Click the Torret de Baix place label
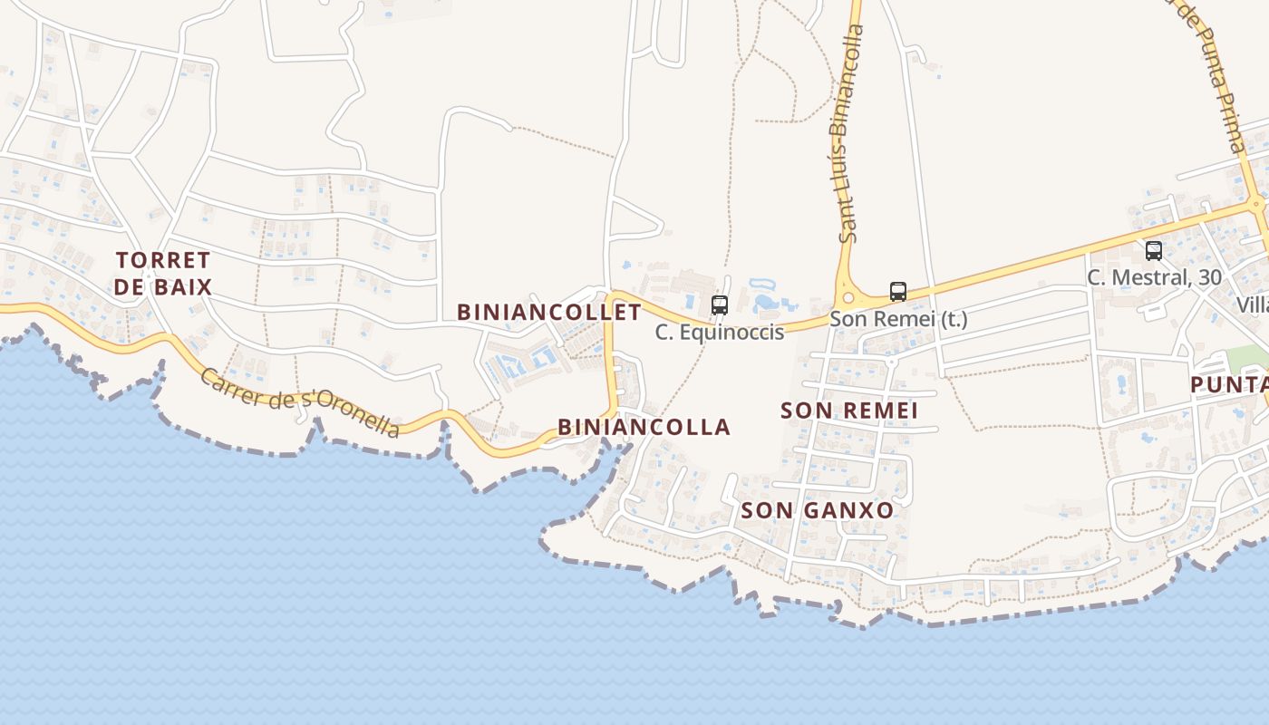164,274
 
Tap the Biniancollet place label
548,313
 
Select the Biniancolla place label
644,427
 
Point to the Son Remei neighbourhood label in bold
849,411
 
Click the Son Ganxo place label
818,510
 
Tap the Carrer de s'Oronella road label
299,402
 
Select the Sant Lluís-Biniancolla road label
847,133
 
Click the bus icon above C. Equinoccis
720,304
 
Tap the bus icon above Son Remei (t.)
898,292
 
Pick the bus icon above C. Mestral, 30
1154,251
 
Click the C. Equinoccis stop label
720,333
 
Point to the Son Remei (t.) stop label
898,319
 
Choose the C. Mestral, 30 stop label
1154,278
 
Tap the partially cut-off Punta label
1229,384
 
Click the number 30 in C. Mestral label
1209,278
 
